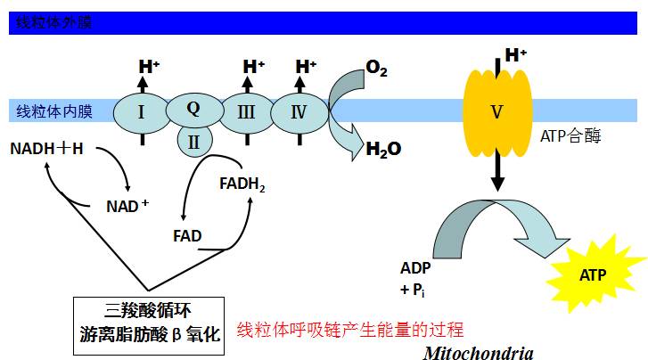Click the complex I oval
[142, 111]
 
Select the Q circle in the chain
[193, 109]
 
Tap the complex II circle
[193, 140]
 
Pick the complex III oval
[246, 111]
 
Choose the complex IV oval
[299, 111]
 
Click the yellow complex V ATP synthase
[497, 113]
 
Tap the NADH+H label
[46, 148]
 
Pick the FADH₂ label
[242, 185]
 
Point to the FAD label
[187, 236]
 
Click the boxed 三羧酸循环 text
[149, 312]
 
